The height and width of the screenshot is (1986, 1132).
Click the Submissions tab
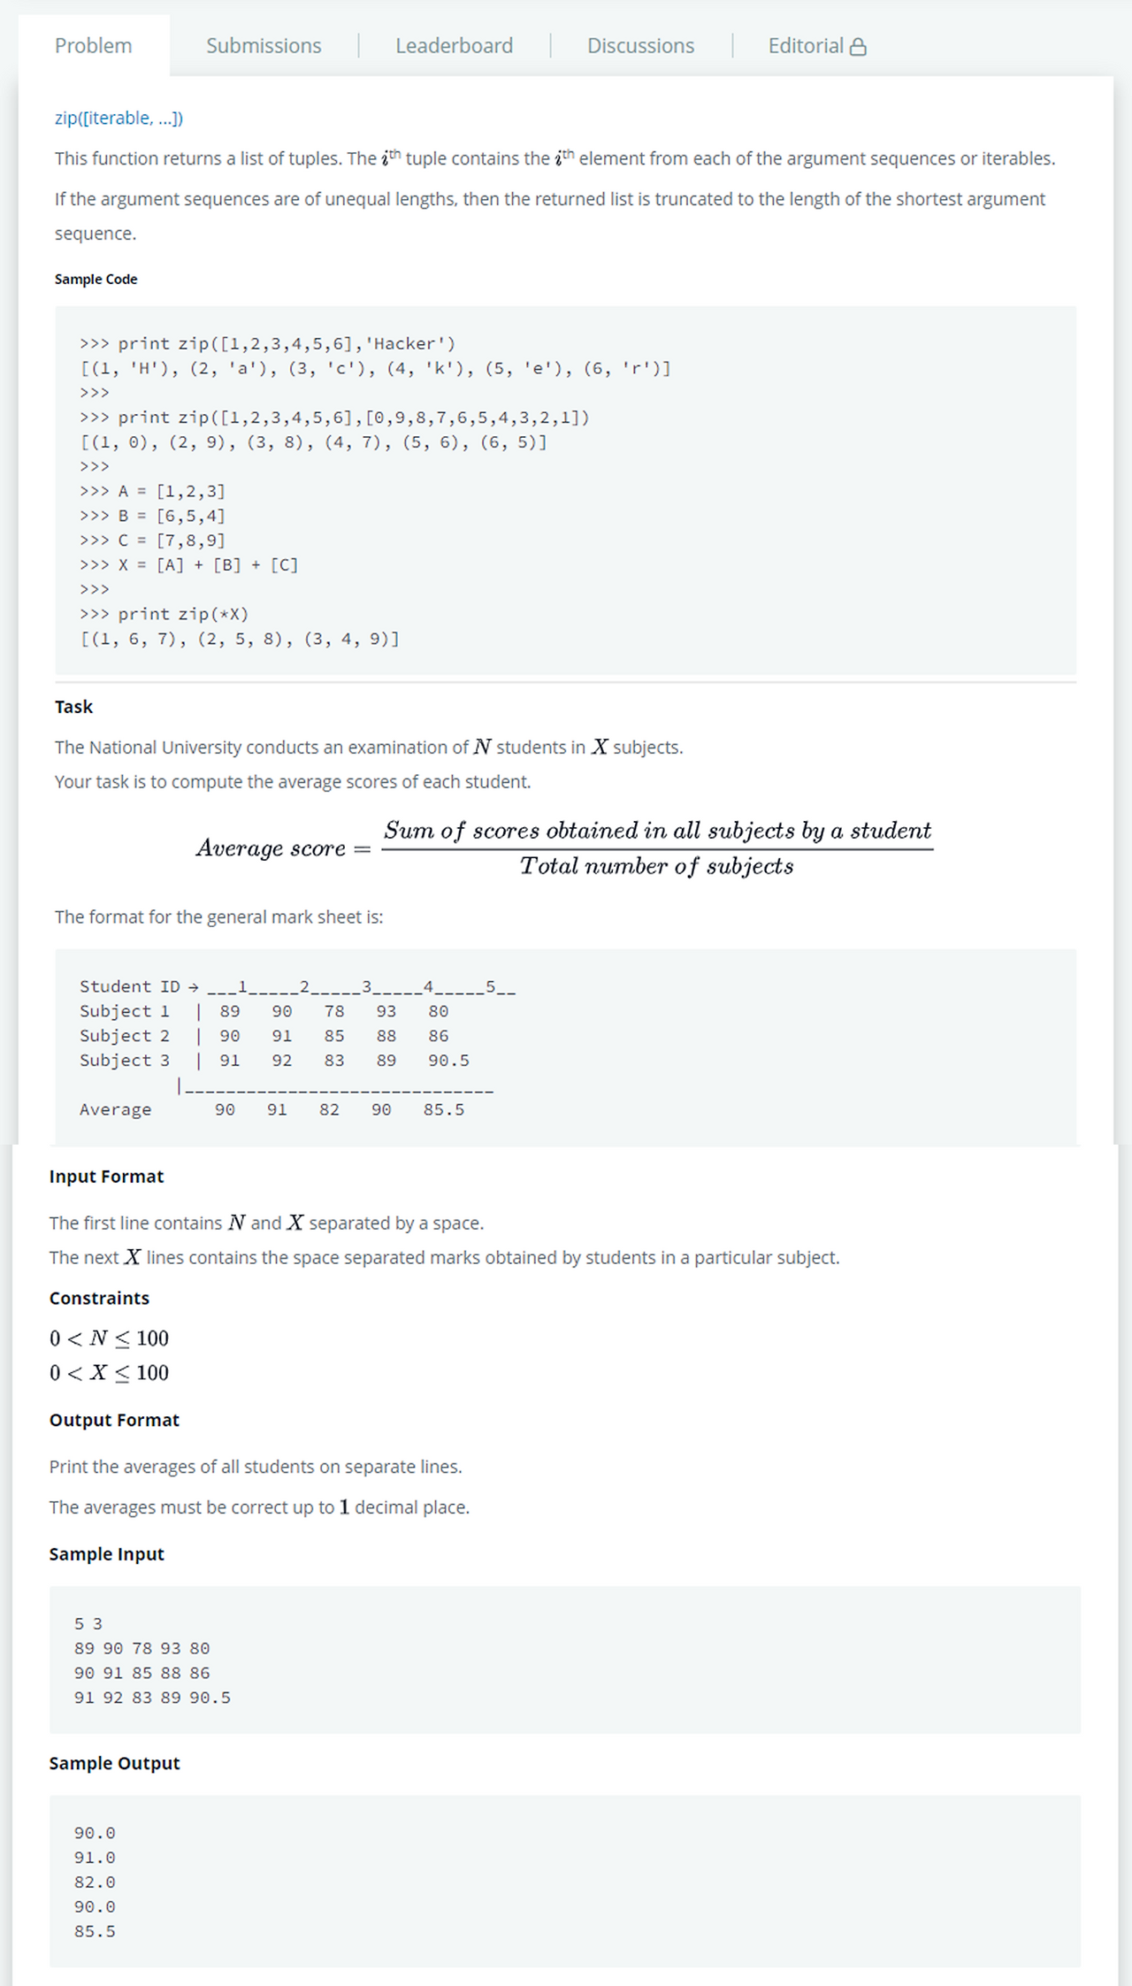pyautogui.click(x=264, y=46)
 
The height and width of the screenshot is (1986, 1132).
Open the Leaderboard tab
pyautogui.click(x=454, y=46)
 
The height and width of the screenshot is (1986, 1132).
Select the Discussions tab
pyautogui.click(x=640, y=46)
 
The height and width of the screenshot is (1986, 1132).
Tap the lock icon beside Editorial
pyautogui.click(x=858, y=47)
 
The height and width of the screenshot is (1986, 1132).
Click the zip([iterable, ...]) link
pyautogui.click(x=119, y=118)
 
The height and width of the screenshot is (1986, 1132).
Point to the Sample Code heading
pyautogui.click(x=96, y=279)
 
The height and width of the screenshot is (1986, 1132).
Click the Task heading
pyautogui.click(x=73, y=707)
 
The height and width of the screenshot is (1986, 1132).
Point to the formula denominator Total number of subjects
pyautogui.click(x=656, y=866)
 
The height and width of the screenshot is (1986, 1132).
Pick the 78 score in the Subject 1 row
pyautogui.click(x=334, y=1011)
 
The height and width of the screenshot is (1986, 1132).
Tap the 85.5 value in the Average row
pyautogui.click(x=443, y=1109)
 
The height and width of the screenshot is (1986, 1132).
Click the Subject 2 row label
pyautogui.click(x=124, y=1036)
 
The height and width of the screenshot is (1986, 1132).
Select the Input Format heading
pyautogui.click(x=106, y=1177)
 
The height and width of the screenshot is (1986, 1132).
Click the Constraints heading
pyautogui.click(x=99, y=1298)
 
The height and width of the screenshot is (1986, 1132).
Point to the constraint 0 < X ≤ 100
pyautogui.click(x=109, y=1373)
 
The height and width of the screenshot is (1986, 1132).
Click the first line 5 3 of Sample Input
pyautogui.click(x=88, y=1623)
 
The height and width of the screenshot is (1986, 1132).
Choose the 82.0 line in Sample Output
pyautogui.click(x=95, y=1882)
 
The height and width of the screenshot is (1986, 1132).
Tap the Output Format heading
pyautogui.click(x=114, y=1420)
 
